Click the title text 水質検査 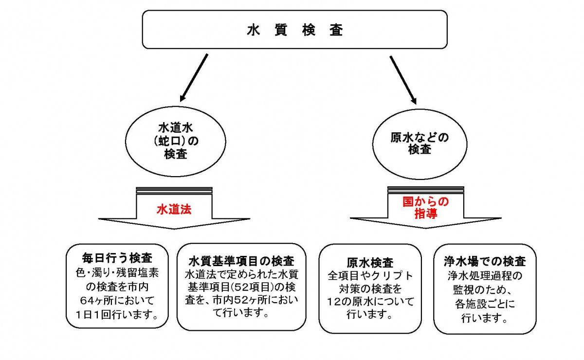[294, 30]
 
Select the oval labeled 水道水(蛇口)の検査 [174, 142]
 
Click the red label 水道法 [174, 210]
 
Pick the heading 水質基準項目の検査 [241, 260]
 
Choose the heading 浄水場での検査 [485, 261]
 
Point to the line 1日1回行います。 [117, 314]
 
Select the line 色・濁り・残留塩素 [117, 271]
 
